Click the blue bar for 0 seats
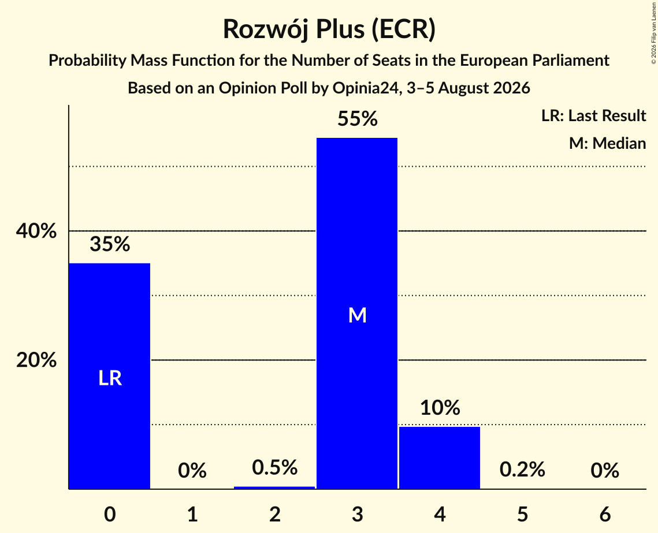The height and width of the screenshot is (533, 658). click(x=110, y=376)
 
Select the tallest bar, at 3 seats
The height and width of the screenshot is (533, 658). click(x=357, y=313)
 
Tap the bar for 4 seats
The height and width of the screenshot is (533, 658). click(x=440, y=457)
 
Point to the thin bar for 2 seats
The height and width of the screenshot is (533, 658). click(x=274, y=488)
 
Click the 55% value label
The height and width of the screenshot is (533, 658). click(x=358, y=119)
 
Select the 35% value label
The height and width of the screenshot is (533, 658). click(x=110, y=244)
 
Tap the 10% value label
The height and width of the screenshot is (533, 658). click(x=440, y=407)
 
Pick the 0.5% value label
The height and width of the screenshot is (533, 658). click(x=275, y=467)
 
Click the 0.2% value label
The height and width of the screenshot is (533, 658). click(x=522, y=470)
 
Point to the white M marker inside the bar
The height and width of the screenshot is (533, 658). click(x=358, y=315)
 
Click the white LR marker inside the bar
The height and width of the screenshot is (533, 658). click(x=110, y=378)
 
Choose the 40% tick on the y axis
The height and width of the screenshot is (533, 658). click(x=36, y=231)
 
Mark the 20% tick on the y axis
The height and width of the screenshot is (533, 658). click(x=36, y=360)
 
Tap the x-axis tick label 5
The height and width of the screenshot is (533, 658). click(x=522, y=514)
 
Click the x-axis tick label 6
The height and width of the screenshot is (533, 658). click(x=605, y=514)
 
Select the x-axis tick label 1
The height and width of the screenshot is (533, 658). click(x=192, y=514)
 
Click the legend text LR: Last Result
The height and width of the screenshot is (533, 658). click(x=593, y=115)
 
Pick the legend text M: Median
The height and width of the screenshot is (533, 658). click(x=607, y=143)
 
